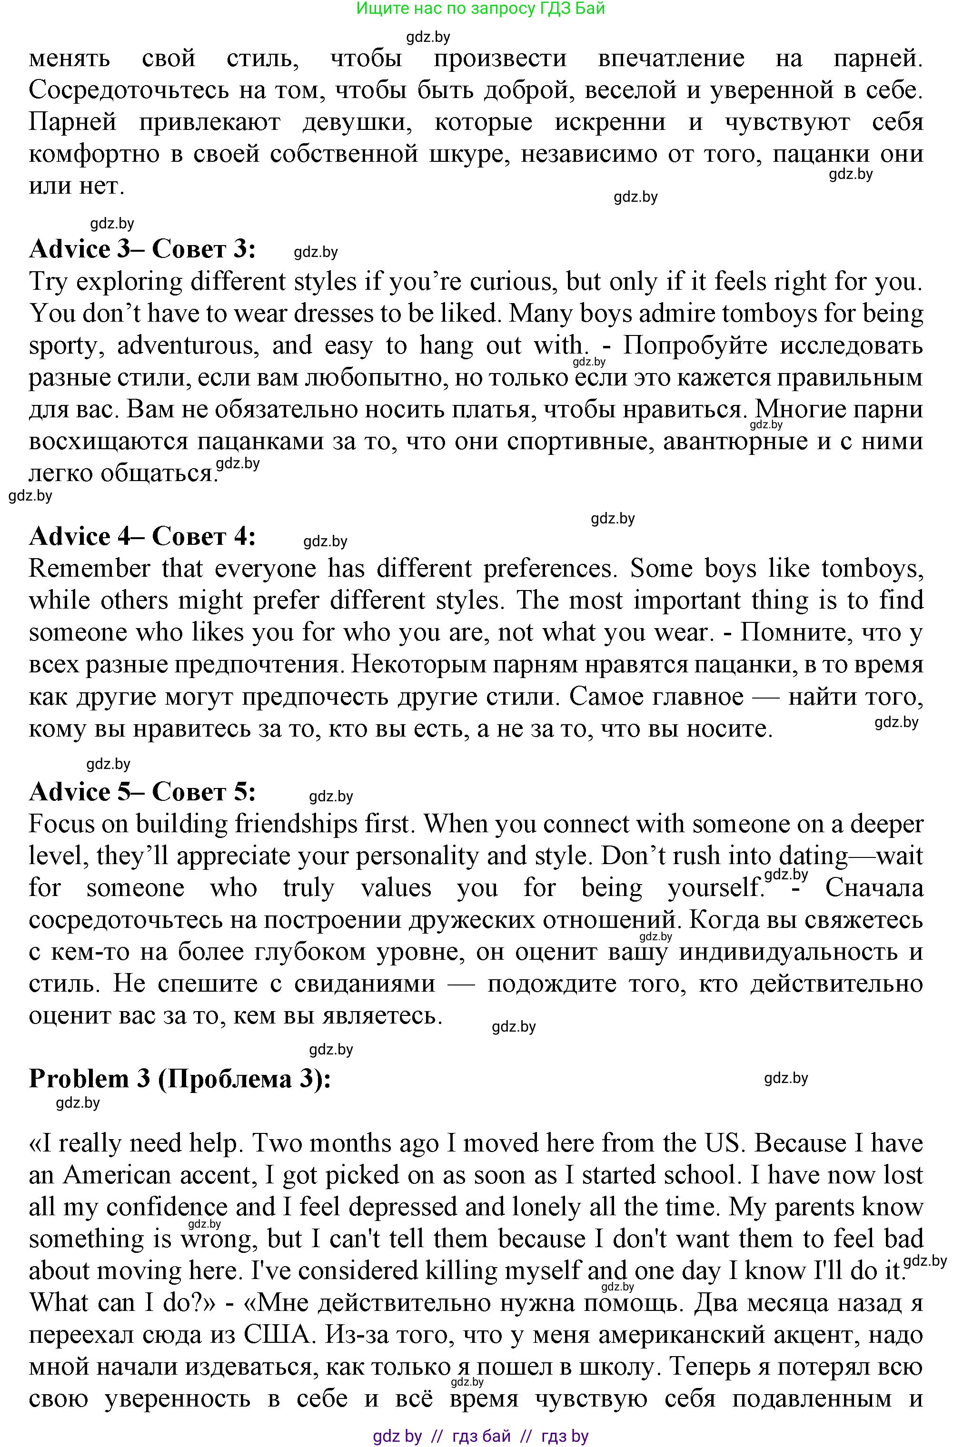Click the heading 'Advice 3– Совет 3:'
142,249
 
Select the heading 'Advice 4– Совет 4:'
142,537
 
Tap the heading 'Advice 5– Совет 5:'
142,792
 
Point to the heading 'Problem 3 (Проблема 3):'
179,1079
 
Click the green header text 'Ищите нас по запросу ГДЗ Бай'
480,8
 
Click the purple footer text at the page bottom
480,1436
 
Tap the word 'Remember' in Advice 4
89,569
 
